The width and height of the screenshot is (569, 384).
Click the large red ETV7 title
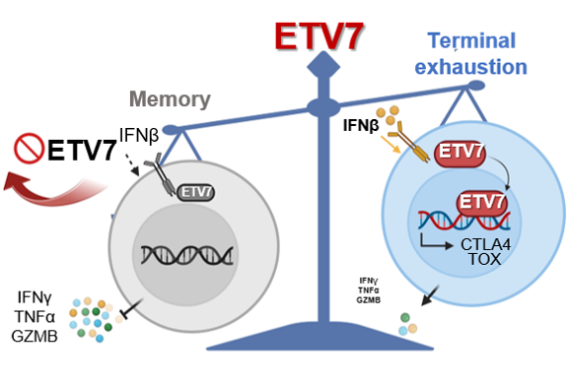tap(319, 36)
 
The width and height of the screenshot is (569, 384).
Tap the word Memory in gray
tap(170, 98)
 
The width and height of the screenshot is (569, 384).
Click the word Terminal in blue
tap(471, 40)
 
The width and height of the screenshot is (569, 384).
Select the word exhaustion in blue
tap(470, 67)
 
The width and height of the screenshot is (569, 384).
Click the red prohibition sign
tap(29, 148)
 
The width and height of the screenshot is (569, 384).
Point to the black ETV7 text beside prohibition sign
tap(82, 150)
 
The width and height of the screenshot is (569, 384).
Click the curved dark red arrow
tap(54, 188)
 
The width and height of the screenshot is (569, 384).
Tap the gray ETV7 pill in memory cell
tap(195, 192)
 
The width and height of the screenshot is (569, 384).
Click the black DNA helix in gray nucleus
tap(187, 255)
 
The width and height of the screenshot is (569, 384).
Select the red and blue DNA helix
tap(464, 221)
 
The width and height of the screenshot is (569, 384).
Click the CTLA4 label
tap(485, 244)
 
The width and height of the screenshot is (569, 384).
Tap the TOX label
tap(485, 259)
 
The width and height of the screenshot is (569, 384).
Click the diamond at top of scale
tap(323, 67)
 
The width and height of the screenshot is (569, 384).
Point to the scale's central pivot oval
tap(323, 107)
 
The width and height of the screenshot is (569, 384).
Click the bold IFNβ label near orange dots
tap(361, 126)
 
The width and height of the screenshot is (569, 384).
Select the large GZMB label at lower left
tap(35, 336)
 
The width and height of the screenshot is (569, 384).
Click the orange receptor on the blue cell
tap(409, 142)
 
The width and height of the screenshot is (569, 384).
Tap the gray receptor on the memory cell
tap(160, 174)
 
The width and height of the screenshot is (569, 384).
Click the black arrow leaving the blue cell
tap(430, 295)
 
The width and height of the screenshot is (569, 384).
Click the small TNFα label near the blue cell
tap(369, 290)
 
